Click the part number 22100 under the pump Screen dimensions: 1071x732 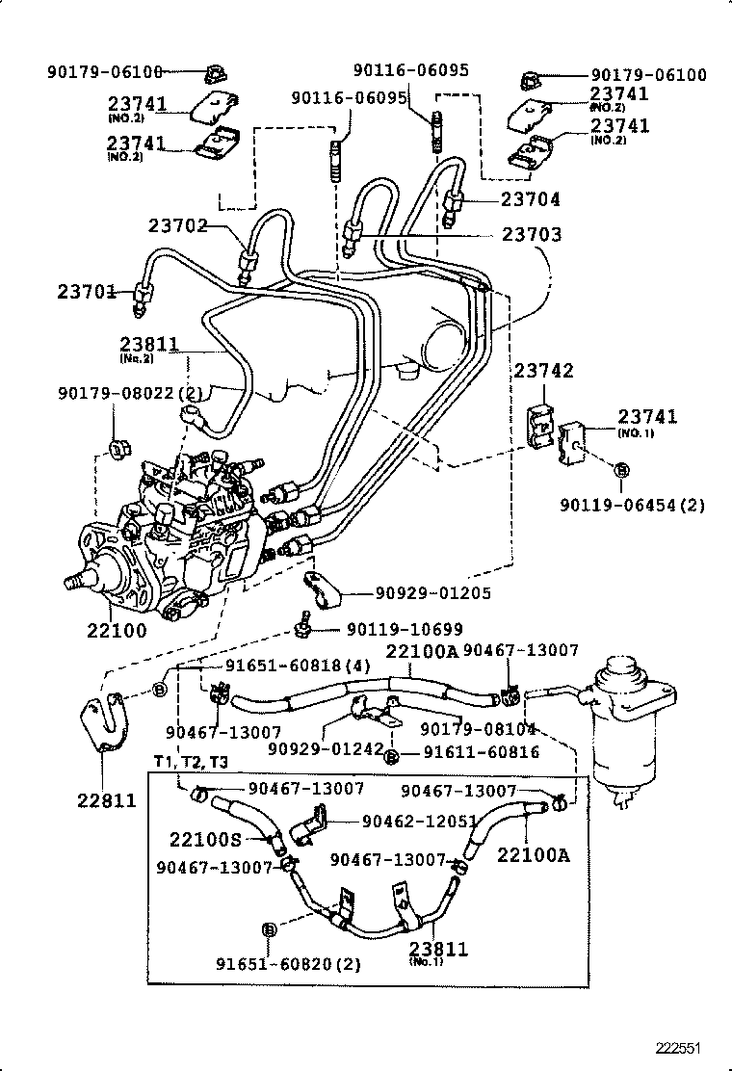116,632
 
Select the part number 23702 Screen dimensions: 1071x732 178,226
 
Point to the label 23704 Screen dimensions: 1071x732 531,199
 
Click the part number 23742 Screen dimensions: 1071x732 543,371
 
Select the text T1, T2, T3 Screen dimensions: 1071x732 190,762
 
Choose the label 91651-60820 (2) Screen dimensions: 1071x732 274,964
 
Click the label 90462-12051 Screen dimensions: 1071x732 420,821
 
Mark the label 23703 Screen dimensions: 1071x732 531,234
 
